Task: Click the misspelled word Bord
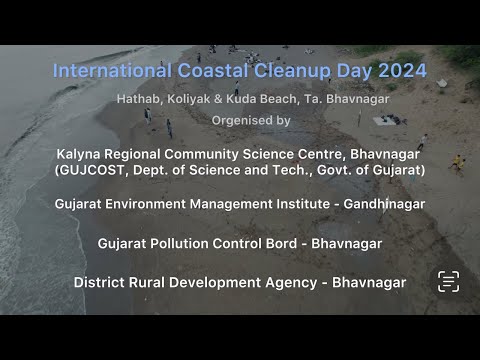[283, 242]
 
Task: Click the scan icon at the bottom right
[448, 281]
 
